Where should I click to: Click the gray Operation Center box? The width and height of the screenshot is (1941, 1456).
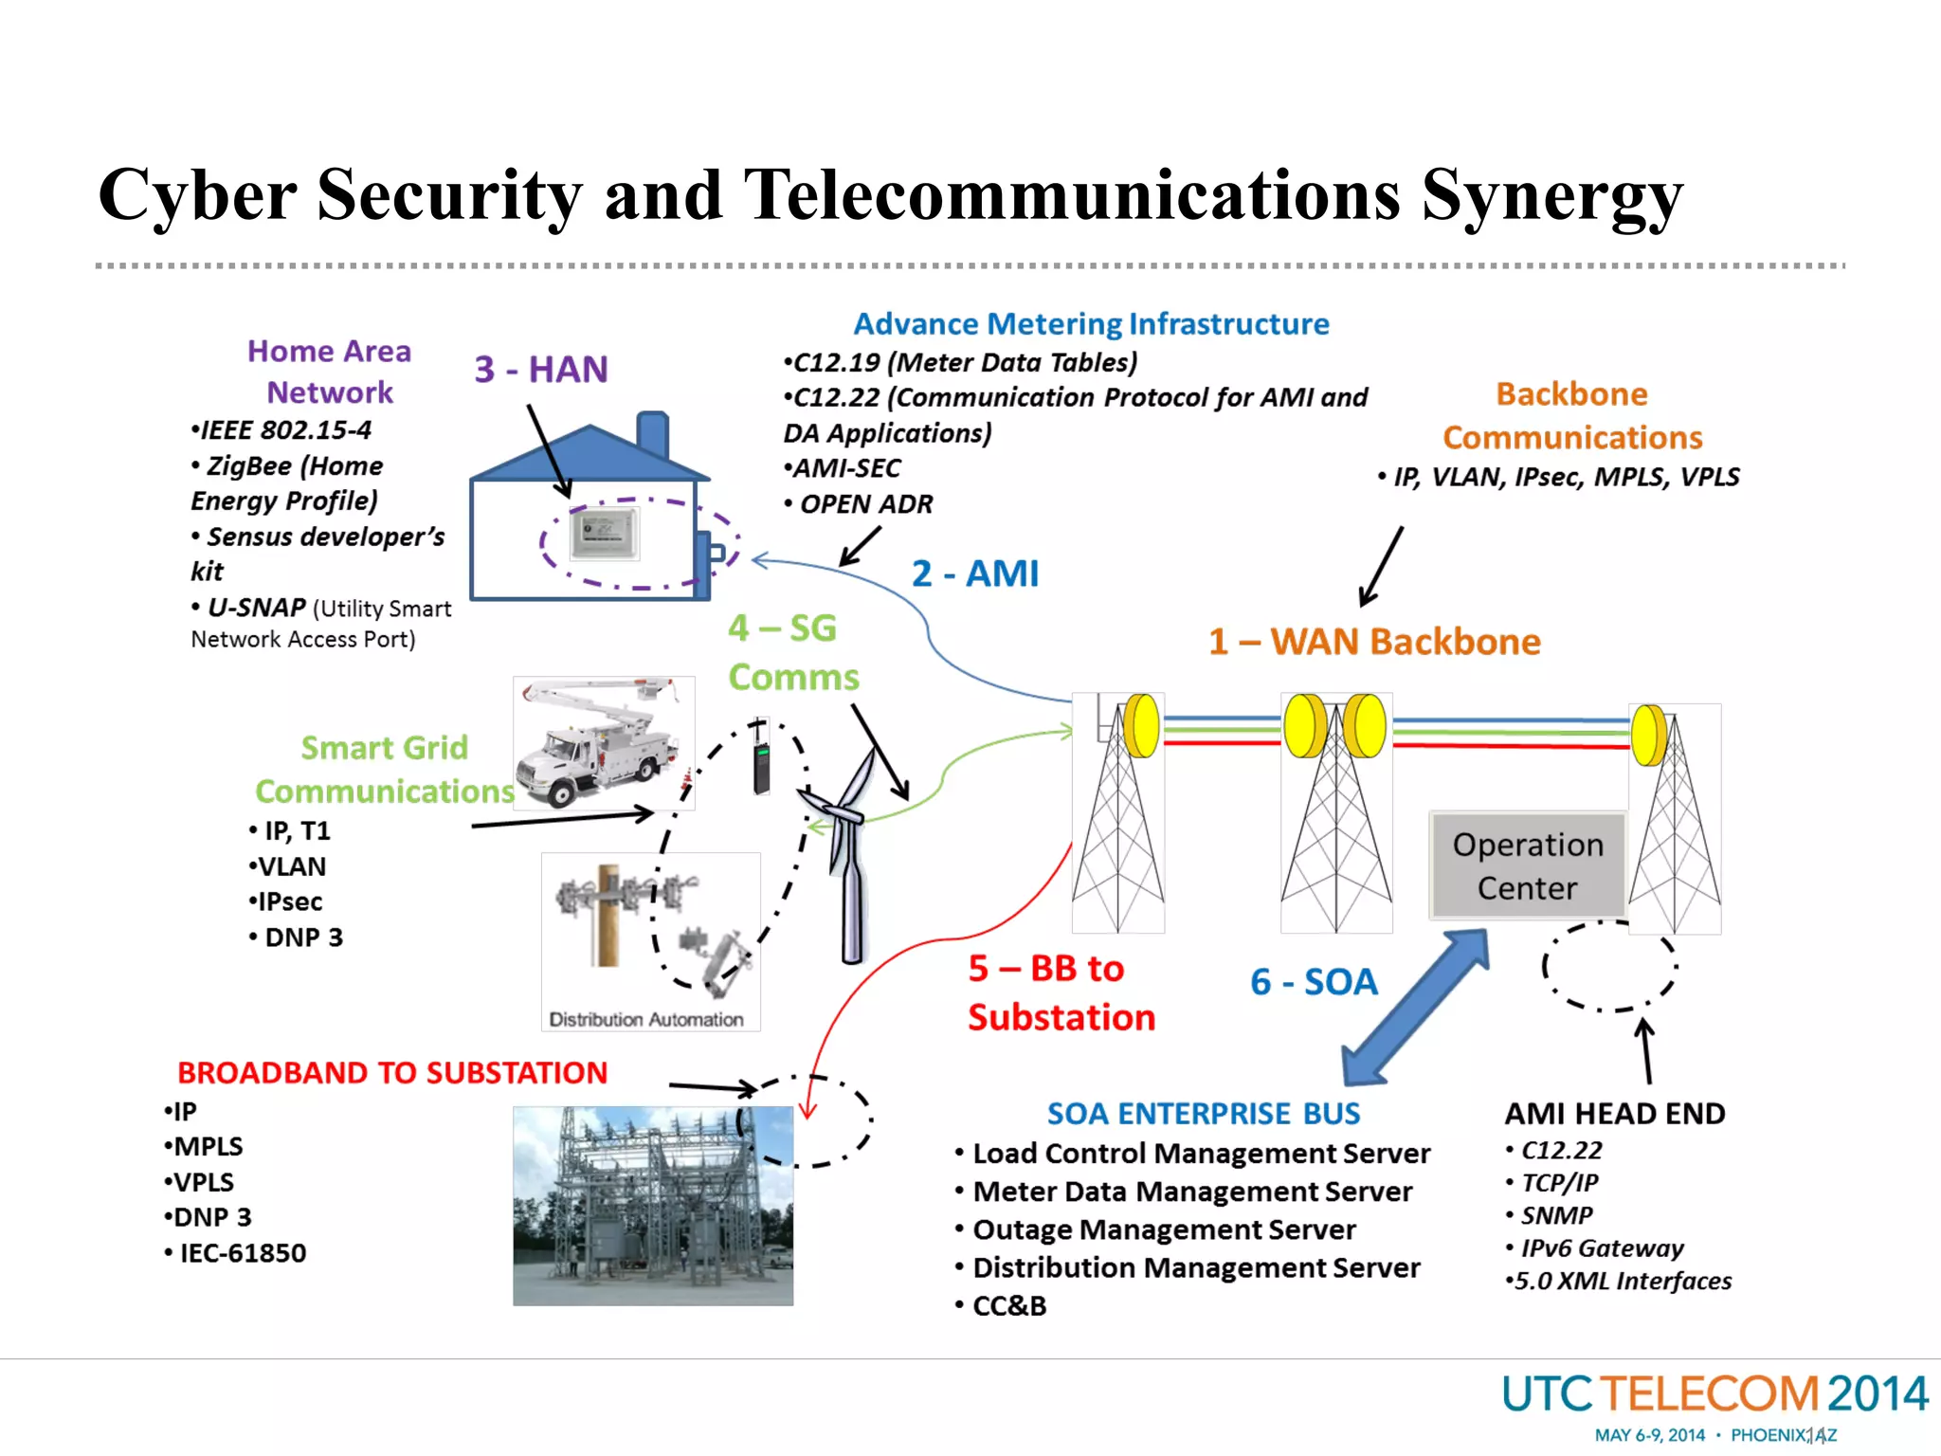click(x=1527, y=865)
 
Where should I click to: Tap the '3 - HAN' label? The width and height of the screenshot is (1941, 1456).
click(x=541, y=369)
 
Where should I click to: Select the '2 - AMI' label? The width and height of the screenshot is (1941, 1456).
click(x=974, y=573)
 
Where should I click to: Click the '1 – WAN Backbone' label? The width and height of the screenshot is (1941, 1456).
click(x=1374, y=642)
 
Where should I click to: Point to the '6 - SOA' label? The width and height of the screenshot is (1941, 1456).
click(x=1314, y=982)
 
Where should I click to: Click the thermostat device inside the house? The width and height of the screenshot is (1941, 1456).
click(x=605, y=533)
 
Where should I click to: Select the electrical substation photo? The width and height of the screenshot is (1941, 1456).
click(x=652, y=1206)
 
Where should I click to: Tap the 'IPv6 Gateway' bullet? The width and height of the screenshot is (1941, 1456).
click(x=1602, y=1248)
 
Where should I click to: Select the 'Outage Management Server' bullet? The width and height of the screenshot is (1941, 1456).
click(x=1164, y=1229)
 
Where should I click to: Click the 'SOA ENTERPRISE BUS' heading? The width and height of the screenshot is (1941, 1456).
click(x=1203, y=1114)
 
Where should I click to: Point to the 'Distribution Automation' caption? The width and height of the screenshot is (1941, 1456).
click(x=646, y=1020)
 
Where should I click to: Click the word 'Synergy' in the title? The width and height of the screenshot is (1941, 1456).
click(x=1551, y=197)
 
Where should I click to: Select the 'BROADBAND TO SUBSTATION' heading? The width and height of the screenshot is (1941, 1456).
click(x=392, y=1073)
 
